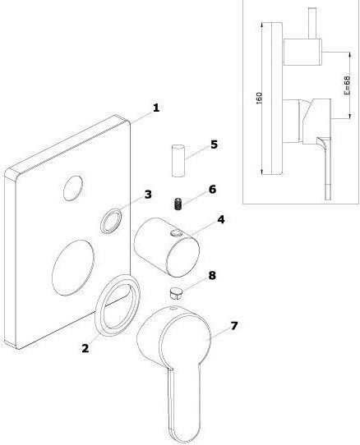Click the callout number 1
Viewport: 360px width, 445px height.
156,108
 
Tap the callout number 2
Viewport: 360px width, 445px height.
85,348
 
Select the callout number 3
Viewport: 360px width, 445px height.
148,195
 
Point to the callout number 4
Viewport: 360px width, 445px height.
221,219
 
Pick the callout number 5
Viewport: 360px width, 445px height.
214,145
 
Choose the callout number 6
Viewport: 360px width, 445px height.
213,190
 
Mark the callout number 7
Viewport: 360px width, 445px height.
234,326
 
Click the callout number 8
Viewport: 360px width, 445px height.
212,275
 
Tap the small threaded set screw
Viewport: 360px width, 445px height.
178,204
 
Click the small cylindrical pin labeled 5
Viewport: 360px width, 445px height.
178,161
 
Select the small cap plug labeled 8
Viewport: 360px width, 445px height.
176,292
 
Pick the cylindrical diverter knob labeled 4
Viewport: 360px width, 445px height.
167,247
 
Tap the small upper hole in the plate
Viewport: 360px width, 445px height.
73,188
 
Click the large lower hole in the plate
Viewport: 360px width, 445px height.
73,268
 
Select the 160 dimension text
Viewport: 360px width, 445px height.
259,98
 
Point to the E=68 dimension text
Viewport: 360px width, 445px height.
347,85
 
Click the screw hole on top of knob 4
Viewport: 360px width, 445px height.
176,233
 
